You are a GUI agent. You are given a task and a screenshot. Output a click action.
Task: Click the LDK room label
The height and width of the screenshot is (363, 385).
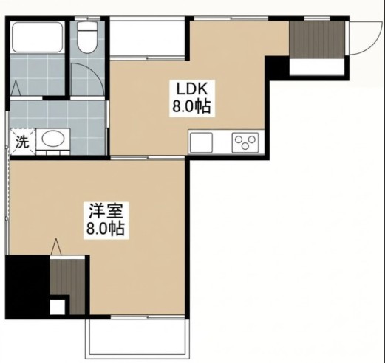point(192,90)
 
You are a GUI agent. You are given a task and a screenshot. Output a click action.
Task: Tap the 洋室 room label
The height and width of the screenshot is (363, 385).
point(106,210)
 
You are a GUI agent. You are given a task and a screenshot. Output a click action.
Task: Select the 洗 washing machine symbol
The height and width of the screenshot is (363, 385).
point(22,142)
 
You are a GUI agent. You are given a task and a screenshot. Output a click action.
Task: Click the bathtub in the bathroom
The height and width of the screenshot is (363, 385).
point(38,37)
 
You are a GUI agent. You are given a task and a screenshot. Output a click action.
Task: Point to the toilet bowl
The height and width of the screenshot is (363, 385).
point(86,38)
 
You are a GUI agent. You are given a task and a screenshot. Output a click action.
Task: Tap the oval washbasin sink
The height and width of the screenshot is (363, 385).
point(53,139)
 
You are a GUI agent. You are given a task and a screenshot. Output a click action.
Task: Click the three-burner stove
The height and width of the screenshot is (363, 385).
point(245,142)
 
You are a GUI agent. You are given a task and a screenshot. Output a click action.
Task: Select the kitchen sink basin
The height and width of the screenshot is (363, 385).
point(201,142)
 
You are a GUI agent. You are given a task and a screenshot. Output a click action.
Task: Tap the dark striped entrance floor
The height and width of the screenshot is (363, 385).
point(317,40)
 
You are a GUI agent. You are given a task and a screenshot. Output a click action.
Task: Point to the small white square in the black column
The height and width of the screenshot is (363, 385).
point(58,307)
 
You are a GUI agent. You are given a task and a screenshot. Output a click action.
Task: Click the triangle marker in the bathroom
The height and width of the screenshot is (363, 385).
point(16,88)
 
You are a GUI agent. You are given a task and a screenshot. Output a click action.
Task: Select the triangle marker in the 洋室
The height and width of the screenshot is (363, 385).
point(56,246)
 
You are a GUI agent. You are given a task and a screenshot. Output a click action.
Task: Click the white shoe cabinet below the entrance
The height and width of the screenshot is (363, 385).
point(316,66)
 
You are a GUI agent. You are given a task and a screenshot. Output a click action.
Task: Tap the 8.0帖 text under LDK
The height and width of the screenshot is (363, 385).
point(191,106)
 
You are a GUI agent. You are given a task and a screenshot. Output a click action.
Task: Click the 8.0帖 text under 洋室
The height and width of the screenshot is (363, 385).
point(106,229)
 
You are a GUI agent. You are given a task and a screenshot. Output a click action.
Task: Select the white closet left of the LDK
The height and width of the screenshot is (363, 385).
point(147,38)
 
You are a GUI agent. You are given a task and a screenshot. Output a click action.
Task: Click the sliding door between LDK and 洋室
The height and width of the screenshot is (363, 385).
point(147,157)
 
